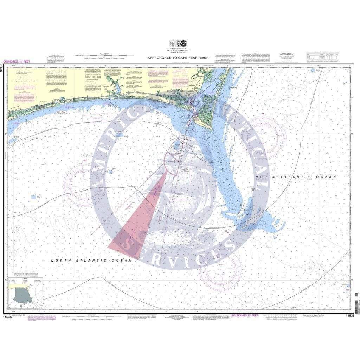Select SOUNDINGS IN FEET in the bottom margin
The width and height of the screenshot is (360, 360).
pyautogui.click(x=245, y=315)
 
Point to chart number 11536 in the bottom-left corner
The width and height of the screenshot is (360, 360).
pyautogui.click(x=10, y=316)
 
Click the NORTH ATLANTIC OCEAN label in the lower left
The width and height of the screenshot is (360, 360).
pyautogui.click(x=91, y=260)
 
